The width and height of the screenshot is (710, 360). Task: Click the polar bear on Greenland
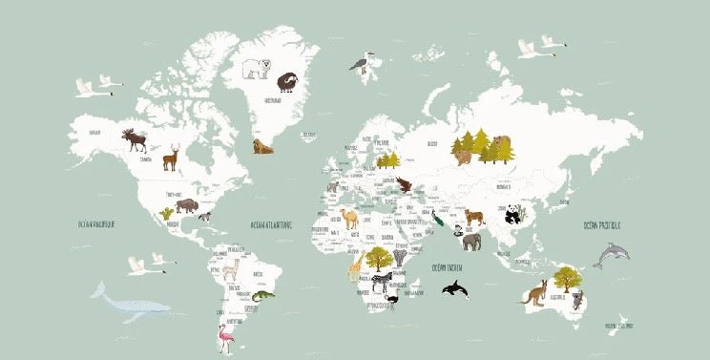pos(255,69)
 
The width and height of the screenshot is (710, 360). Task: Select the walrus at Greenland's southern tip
pos(261,147)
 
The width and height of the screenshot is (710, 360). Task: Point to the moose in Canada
pos(136,141)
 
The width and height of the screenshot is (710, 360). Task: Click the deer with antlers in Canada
pos(171,158)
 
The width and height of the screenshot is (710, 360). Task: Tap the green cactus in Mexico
pos(167,215)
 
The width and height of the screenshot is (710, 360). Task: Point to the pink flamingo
pos(227,337)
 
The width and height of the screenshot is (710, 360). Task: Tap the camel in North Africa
pos(350,219)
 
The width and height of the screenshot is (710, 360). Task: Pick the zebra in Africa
pos(382,281)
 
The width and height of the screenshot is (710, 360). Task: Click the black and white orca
pos(454,289)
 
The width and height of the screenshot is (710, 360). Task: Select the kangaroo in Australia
pos(532,292)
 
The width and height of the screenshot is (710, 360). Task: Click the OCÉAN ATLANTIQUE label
pos(271,226)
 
